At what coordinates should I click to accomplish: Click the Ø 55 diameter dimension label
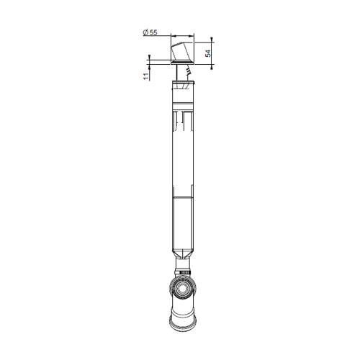pyautogui.click(x=150, y=32)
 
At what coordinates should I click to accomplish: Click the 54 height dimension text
pyautogui.click(x=208, y=53)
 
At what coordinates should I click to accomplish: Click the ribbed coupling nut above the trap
pyautogui.click(x=184, y=272)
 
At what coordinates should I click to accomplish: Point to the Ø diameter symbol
pyautogui.click(x=145, y=32)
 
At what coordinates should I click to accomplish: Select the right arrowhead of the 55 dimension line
pyautogui.click(x=195, y=37)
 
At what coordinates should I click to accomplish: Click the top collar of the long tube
pyautogui.click(x=184, y=86)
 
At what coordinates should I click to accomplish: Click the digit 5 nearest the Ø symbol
pyautogui.click(x=152, y=32)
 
